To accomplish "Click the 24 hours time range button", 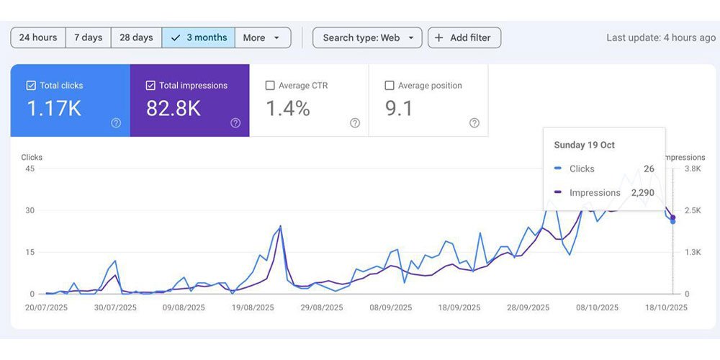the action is click(38, 37).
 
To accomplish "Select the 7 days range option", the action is click(88, 37).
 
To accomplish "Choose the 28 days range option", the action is click(136, 37).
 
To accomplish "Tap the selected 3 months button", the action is click(199, 37).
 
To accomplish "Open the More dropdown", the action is click(263, 37).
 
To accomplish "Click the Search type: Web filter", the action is click(367, 37).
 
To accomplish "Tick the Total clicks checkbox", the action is click(31, 86).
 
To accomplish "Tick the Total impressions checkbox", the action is click(150, 86).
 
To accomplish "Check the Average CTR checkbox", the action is click(270, 86).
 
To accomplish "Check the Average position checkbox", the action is click(390, 86).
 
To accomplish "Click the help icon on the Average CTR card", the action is click(355, 122).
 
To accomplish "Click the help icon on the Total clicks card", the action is click(116, 122).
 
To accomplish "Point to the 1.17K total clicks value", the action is click(54, 109).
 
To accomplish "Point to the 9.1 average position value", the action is click(399, 109).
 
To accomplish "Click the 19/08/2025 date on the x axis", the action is click(253, 307).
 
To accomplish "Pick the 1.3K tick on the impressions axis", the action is click(692, 252).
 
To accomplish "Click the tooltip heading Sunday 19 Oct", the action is click(584, 145).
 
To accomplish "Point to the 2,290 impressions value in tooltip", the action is click(643, 193).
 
